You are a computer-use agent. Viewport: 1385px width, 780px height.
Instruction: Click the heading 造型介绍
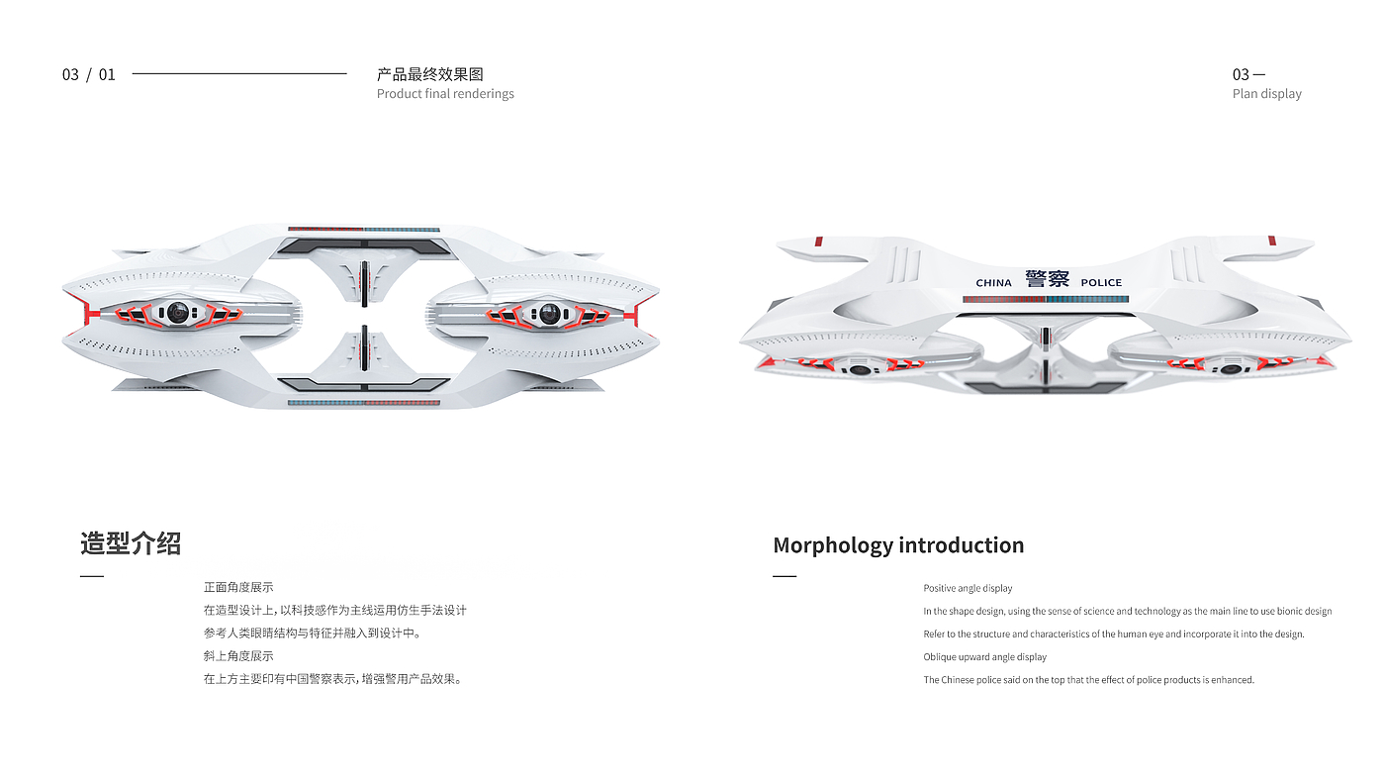click(x=131, y=543)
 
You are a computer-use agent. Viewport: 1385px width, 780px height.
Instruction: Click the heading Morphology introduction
click(x=898, y=545)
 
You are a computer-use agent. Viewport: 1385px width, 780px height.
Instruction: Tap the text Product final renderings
click(x=445, y=94)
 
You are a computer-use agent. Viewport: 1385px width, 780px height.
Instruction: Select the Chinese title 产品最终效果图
click(x=429, y=74)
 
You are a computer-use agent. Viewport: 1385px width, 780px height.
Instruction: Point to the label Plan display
click(x=1266, y=94)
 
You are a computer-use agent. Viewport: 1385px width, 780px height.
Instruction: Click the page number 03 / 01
click(x=89, y=74)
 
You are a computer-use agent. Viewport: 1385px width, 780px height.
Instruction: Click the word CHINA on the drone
click(x=993, y=283)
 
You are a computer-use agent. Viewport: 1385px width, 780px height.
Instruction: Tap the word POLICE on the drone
click(x=1101, y=283)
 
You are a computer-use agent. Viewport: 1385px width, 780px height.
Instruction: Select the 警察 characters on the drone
click(x=1047, y=279)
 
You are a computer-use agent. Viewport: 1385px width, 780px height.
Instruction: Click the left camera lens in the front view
click(x=177, y=313)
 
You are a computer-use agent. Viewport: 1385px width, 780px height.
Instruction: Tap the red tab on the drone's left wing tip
click(x=818, y=242)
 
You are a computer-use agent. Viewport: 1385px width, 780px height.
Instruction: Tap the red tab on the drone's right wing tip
click(x=1271, y=242)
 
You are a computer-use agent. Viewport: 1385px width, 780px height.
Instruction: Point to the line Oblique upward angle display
click(x=984, y=657)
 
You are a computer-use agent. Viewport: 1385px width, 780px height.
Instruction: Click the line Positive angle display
click(x=968, y=589)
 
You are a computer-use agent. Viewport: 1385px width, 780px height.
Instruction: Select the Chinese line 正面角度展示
click(x=238, y=587)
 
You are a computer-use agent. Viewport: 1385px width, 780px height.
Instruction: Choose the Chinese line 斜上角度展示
click(x=238, y=656)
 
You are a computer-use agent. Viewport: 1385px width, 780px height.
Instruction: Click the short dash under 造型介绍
click(x=92, y=576)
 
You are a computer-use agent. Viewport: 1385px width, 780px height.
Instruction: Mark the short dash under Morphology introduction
click(x=785, y=576)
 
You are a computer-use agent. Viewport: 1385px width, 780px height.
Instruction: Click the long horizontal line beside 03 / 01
click(x=238, y=73)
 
